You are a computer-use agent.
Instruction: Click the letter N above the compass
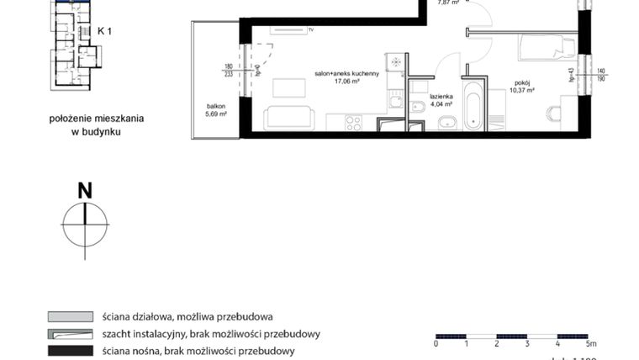pos(85,191)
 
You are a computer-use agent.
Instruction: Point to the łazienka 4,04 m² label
pos(441,100)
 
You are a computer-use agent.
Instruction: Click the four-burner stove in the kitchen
pos(354,123)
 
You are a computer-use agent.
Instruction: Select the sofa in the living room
pos(288,119)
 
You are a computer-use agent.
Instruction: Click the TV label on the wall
pos(310,30)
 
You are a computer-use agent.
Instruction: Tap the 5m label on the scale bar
pos(591,344)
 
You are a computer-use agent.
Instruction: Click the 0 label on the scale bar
pos(436,344)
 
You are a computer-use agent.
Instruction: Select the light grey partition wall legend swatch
pos(70,317)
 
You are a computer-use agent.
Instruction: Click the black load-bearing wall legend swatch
pos(70,351)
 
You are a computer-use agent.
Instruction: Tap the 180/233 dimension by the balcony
pos(228,70)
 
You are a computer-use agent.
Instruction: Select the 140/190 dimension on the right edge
pos(602,75)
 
